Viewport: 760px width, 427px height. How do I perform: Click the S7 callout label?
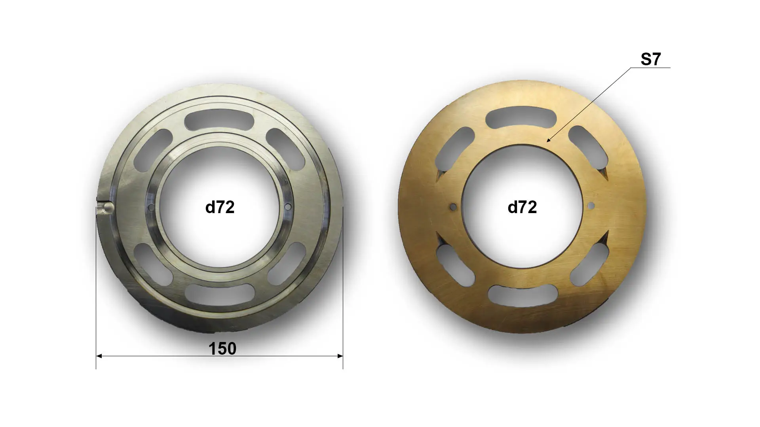(x=651, y=59)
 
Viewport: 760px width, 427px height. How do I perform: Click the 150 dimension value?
(x=222, y=348)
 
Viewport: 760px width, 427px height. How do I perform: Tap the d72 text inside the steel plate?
(x=220, y=207)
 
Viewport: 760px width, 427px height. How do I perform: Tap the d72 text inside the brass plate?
(x=522, y=207)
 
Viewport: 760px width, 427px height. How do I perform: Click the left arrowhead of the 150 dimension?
(x=99, y=356)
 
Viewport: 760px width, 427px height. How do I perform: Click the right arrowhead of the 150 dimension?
(x=340, y=356)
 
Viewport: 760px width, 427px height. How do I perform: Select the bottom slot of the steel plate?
(x=220, y=295)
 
